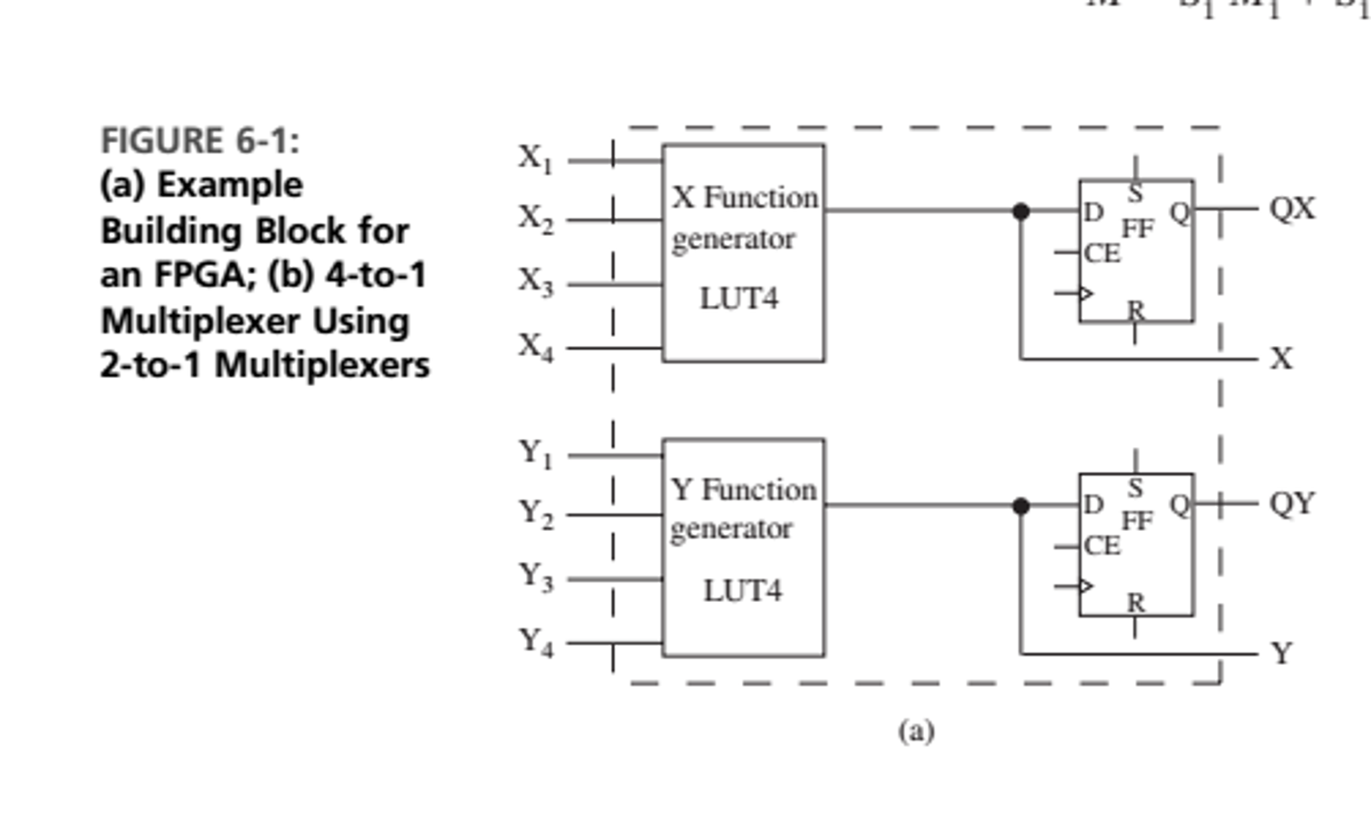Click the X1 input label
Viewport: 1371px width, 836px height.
[535, 160]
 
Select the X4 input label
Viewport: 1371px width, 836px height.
[535, 347]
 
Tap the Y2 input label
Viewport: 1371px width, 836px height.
[536, 514]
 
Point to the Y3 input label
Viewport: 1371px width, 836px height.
[536, 577]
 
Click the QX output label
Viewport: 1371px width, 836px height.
[1292, 209]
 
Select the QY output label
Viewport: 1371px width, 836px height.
[1292, 503]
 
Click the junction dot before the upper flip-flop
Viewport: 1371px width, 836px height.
[1021, 212]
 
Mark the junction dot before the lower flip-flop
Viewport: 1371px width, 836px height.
[1021, 506]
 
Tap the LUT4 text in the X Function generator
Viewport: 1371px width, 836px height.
[738, 299]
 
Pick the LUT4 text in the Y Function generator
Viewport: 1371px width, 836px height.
[742, 591]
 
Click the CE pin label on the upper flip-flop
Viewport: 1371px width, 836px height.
[1102, 253]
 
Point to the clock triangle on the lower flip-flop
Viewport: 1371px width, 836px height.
[1086, 587]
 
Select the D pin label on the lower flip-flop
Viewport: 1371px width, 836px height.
[1093, 505]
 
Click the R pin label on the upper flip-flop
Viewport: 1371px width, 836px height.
[1136, 310]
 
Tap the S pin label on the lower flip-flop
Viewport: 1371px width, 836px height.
[1134, 488]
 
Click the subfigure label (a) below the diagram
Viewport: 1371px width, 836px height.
[916, 731]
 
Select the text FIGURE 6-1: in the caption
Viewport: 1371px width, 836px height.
[200, 141]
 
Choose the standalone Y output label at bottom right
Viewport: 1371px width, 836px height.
[1281, 653]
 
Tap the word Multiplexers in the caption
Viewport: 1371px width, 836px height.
[322, 366]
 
